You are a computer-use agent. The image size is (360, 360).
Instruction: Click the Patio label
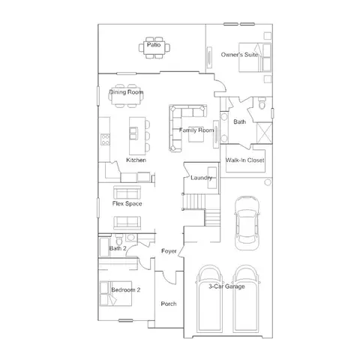tap(154, 45)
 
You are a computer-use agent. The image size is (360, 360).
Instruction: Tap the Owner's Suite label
tap(239, 55)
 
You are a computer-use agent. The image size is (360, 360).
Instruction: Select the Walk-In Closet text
tap(244, 160)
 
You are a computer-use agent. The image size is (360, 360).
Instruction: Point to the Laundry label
tap(201, 178)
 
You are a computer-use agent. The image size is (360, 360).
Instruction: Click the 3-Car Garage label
tap(226, 286)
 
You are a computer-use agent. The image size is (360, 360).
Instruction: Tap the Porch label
tap(169, 304)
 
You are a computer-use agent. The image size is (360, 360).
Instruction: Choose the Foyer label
tap(169, 251)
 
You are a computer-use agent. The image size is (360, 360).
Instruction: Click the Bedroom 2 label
tap(126, 290)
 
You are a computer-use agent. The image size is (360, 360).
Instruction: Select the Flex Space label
tap(127, 204)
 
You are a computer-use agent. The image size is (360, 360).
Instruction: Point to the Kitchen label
tap(136, 160)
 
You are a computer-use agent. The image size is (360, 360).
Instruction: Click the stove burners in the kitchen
tap(105, 139)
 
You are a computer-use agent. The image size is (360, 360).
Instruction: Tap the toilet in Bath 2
tap(119, 240)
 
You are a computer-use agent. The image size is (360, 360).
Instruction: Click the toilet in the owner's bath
tap(262, 103)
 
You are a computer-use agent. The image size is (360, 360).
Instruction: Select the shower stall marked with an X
tap(265, 133)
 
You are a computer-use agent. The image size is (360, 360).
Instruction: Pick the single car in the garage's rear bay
tap(247, 223)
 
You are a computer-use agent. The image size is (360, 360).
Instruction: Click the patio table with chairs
tap(154, 47)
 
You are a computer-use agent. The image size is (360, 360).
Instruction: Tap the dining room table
tap(126, 96)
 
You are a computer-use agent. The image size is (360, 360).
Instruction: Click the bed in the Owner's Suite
tap(255, 58)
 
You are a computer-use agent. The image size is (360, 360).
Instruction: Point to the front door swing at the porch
tap(170, 277)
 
